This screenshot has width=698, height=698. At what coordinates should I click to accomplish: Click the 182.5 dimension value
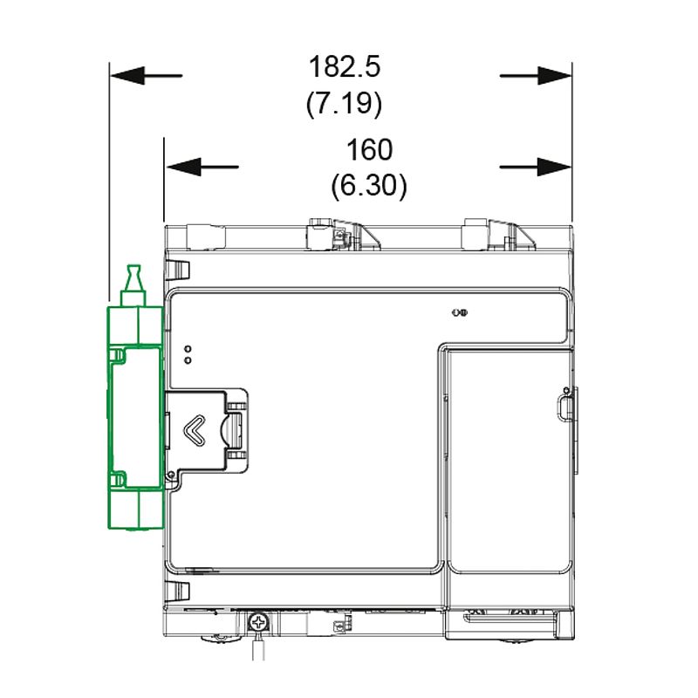[x=345, y=67]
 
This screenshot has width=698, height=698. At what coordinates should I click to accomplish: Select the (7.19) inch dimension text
[x=344, y=103]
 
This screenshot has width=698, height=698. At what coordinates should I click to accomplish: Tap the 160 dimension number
[x=369, y=149]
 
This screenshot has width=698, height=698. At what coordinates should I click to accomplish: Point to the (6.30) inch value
[x=369, y=186]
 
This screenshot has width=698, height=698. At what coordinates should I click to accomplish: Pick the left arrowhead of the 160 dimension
[x=183, y=167]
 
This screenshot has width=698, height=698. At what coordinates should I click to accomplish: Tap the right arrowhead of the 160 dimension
[x=555, y=167]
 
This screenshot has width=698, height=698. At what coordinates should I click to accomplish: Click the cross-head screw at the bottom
[x=258, y=622]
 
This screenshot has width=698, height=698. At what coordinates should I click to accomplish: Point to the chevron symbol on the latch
[x=195, y=430]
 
